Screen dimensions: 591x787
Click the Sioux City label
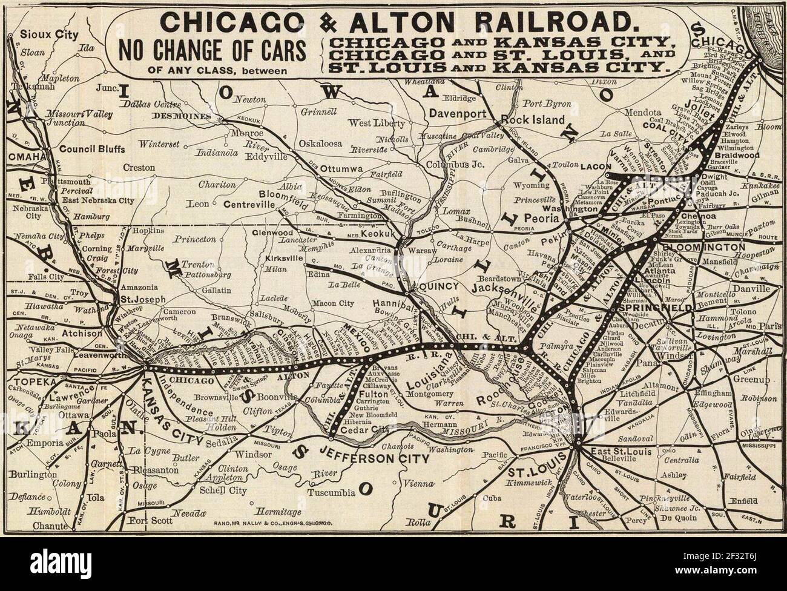pyautogui.click(x=45, y=35)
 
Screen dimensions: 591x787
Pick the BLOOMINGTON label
pyautogui.click(x=703, y=248)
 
